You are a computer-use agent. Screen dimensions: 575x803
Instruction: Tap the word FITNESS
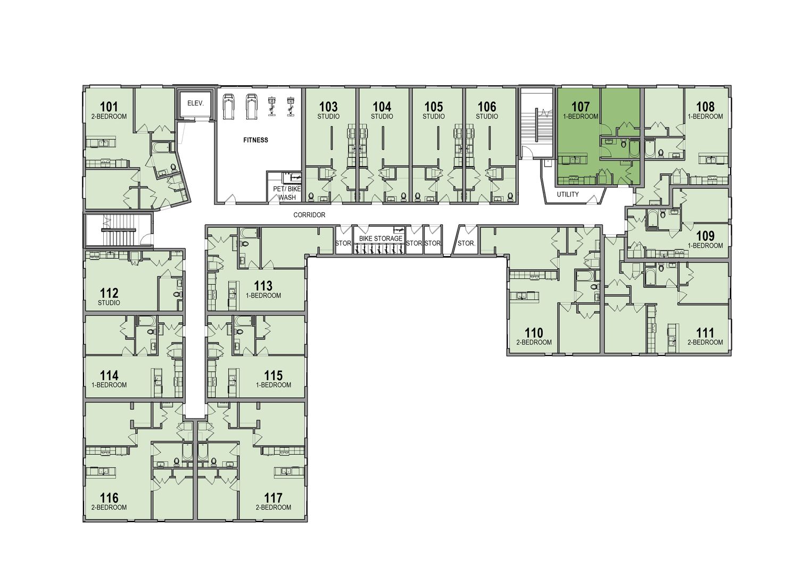(x=256, y=140)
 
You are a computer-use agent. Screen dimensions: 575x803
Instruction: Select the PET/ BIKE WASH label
(x=287, y=193)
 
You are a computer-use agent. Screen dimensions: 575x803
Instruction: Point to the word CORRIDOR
(x=309, y=215)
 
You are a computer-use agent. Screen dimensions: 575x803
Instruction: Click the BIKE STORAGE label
(x=380, y=239)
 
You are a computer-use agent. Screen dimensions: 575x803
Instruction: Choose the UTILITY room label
(x=568, y=194)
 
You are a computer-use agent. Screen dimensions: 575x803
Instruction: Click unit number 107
(x=580, y=106)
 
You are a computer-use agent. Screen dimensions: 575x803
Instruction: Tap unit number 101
(x=109, y=106)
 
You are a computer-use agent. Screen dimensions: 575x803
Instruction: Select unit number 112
(x=109, y=293)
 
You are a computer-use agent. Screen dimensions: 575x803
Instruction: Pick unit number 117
(x=273, y=498)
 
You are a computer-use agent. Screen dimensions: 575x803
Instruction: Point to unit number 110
(x=534, y=333)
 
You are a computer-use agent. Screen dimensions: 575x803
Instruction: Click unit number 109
(x=705, y=236)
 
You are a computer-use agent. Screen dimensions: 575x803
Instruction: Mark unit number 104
(x=382, y=106)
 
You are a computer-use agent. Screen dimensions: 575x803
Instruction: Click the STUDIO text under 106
(x=487, y=117)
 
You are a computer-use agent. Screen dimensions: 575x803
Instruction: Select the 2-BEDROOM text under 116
(x=109, y=507)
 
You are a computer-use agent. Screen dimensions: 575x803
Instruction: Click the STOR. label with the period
(x=466, y=243)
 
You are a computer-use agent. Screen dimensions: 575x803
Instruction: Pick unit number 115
(x=273, y=375)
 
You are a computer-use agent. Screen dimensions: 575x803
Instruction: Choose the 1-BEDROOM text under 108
(x=705, y=117)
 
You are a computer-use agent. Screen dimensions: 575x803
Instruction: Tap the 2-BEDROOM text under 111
(x=705, y=342)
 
